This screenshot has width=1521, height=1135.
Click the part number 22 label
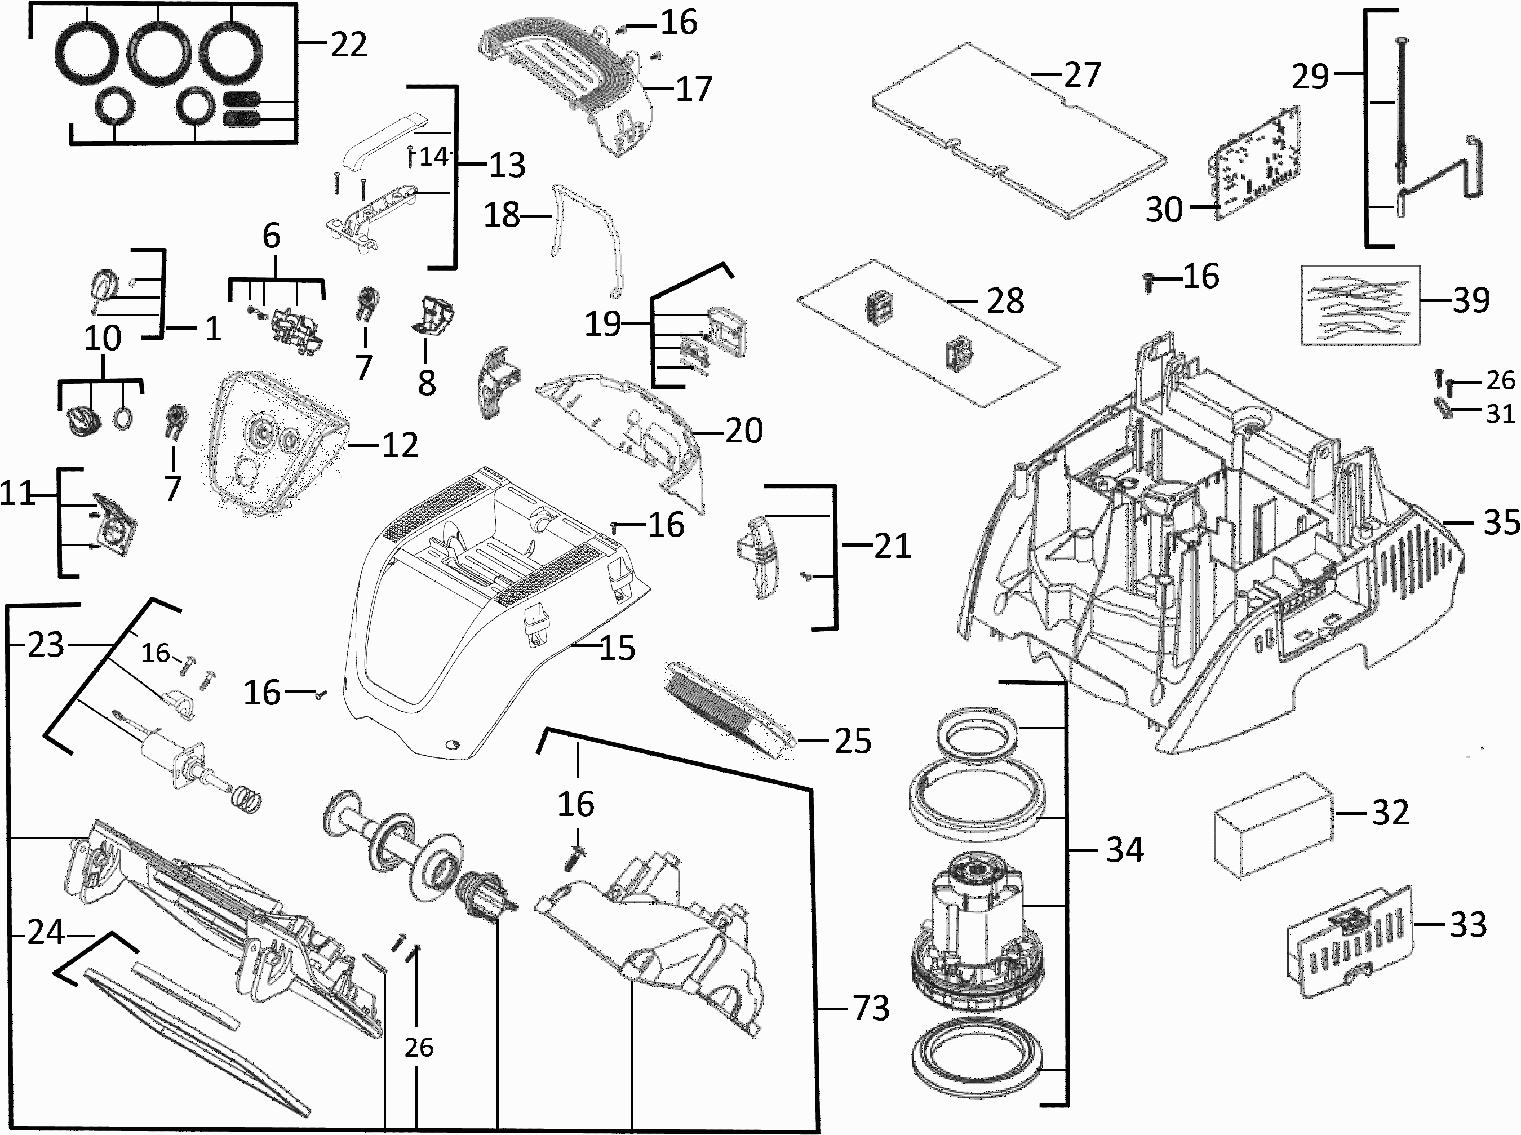[x=349, y=45]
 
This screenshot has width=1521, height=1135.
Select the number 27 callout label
[x=1082, y=75]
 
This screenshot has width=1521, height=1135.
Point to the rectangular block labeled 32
[x=1273, y=824]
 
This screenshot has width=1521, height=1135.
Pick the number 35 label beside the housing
[x=1502, y=523]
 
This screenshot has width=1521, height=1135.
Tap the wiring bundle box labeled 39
[x=1360, y=304]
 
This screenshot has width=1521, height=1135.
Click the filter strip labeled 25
[x=728, y=711]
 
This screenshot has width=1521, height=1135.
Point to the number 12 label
[x=400, y=445]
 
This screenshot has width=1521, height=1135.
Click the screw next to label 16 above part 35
[x=1148, y=281]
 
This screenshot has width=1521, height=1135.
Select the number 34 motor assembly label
[x=1125, y=850]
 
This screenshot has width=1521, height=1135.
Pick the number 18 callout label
[x=502, y=215]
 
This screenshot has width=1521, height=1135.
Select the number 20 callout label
[x=744, y=431]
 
